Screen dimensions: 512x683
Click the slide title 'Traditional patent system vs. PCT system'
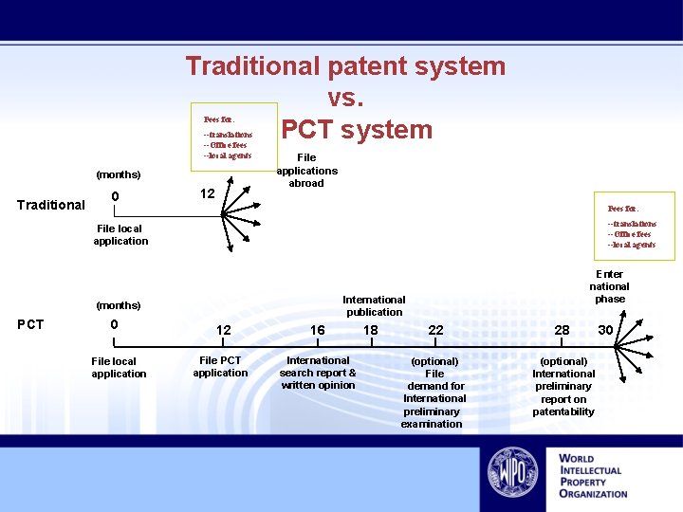(345, 98)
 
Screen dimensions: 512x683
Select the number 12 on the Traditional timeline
(208, 194)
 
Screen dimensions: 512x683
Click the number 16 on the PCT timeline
(318, 330)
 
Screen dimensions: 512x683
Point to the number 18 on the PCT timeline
(371, 330)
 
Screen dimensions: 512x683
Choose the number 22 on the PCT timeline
(435, 330)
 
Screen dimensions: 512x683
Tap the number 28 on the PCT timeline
(563, 330)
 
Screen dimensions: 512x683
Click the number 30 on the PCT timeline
(605, 330)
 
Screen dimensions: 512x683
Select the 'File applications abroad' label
(306, 171)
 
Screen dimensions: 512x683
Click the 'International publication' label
(374, 305)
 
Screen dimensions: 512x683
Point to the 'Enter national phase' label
(609, 286)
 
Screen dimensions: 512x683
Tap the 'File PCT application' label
(220, 367)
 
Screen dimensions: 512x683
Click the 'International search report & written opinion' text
(318, 373)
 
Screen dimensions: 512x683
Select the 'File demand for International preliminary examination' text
(434, 393)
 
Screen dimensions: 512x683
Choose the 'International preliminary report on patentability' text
(563, 386)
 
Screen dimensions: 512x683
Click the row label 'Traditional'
(51, 204)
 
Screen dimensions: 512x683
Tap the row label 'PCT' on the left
(31, 324)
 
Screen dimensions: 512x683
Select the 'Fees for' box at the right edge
(634, 227)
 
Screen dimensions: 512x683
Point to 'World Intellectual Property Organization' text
(593, 475)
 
